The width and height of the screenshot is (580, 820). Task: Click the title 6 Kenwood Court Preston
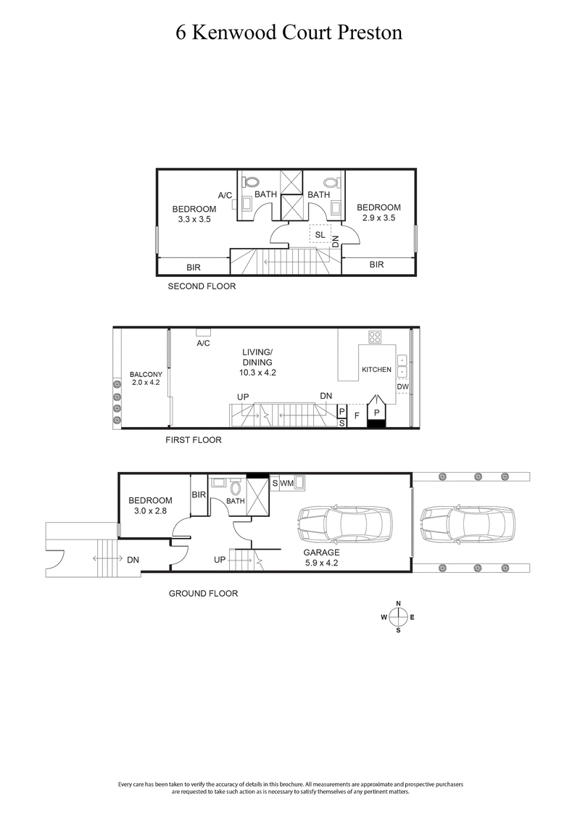[x=289, y=33]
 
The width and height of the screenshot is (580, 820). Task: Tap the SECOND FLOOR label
[x=202, y=286]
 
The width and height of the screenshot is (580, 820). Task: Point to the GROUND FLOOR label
[x=203, y=593]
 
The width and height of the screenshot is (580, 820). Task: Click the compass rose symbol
[x=398, y=617]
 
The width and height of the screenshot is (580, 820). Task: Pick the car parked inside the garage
[x=344, y=523]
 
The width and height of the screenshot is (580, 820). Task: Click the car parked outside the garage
[x=465, y=523]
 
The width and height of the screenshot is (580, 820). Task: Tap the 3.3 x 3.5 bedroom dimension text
[x=194, y=219]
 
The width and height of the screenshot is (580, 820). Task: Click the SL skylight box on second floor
[x=320, y=234]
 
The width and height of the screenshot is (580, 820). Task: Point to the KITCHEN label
[x=376, y=370]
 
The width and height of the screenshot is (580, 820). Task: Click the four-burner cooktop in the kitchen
[x=376, y=336]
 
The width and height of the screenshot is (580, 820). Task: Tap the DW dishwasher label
[x=402, y=387]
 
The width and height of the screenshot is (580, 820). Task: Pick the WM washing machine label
[x=287, y=482]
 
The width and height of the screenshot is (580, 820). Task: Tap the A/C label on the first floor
[x=203, y=344]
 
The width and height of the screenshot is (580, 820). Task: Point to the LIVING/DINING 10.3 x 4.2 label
[x=257, y=362]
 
